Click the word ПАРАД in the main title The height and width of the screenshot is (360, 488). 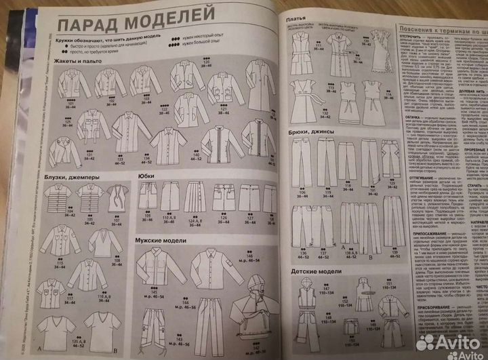pos(87,26)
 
